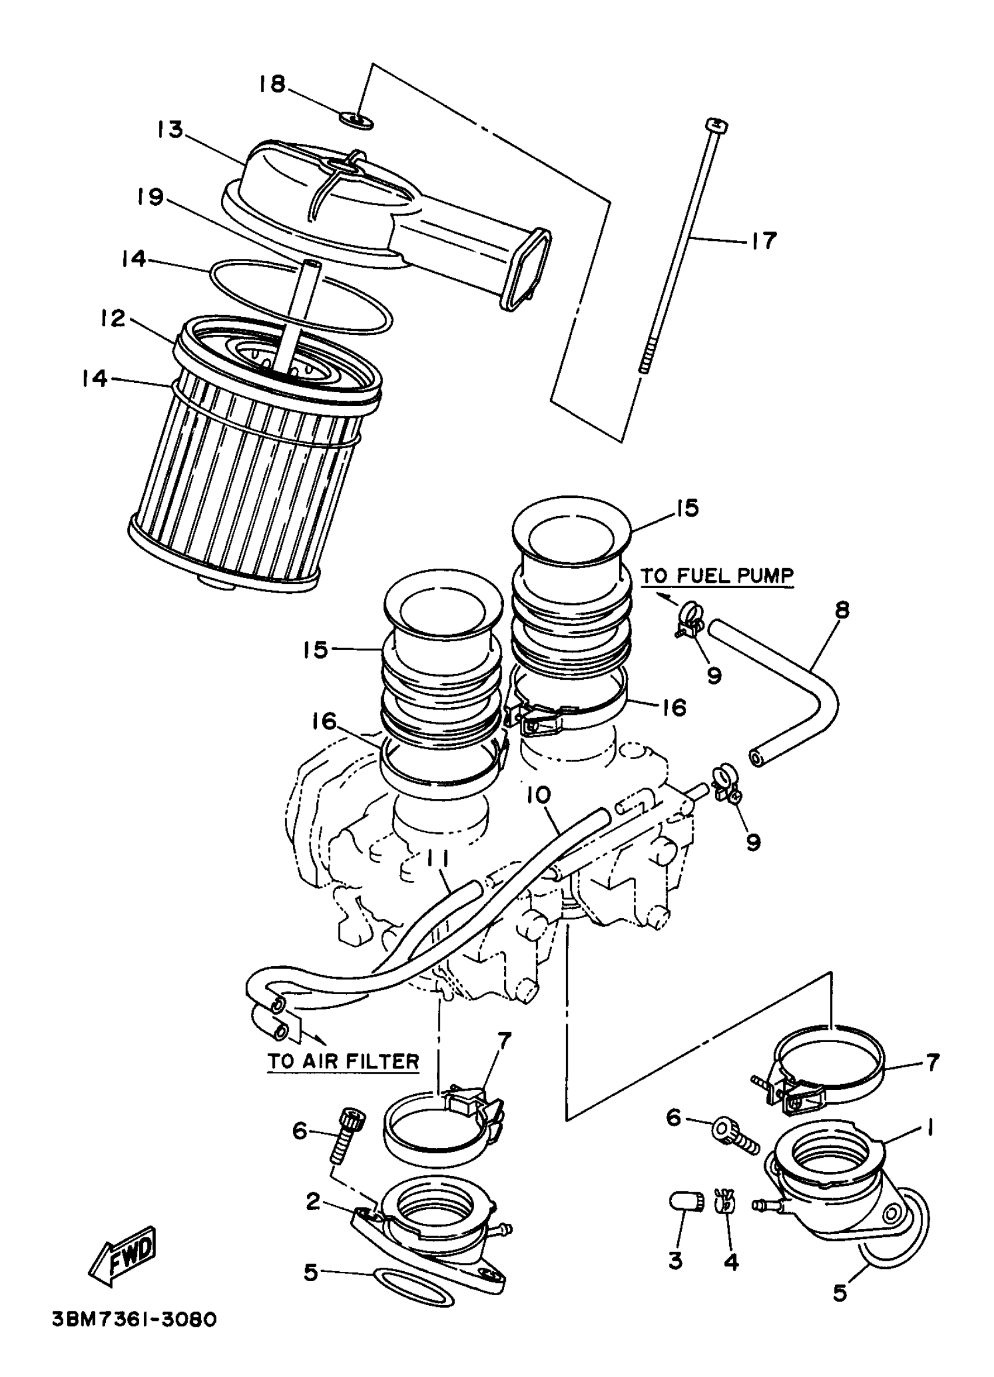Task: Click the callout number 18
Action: [271, 84]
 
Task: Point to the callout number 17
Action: [764, 241]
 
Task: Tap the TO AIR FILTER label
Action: [344, 1061]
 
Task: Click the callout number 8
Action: [841, 610]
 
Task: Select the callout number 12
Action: [113, 318]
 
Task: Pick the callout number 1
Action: [929, 1127]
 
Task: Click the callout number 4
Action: [731, 1262]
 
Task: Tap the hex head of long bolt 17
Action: [717, 126]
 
